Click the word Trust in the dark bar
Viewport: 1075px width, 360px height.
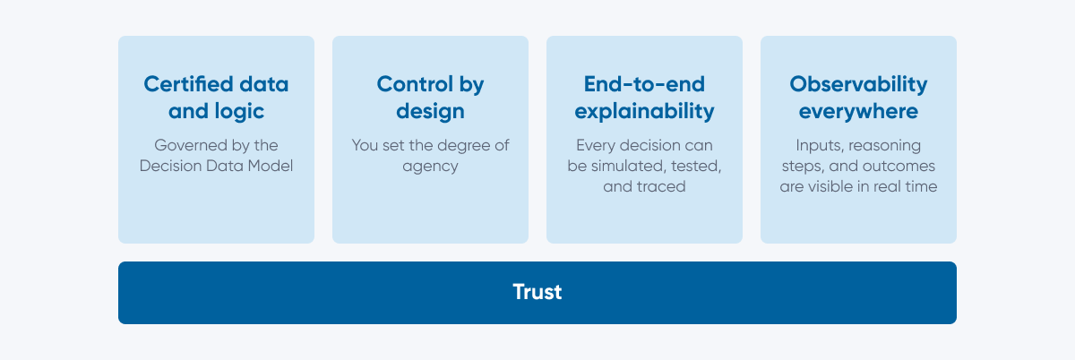[537, 292]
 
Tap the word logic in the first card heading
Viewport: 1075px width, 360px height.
[239, 112]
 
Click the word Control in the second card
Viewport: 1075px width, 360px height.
[415, 84]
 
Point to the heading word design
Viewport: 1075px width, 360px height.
[430, 112]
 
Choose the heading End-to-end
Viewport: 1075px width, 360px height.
[644, 84]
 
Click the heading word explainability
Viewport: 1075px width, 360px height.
[644, 112]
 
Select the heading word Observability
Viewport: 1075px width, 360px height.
[858, 85]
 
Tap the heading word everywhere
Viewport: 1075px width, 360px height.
[858, 112]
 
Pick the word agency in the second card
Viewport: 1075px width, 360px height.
[430, 167]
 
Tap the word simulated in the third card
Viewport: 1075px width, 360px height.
[629, 166]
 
